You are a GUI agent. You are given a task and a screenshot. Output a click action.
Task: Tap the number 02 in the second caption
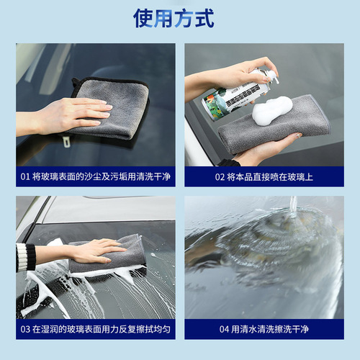pos(220,174)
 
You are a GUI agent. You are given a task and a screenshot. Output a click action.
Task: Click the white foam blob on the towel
pos(271,110)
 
